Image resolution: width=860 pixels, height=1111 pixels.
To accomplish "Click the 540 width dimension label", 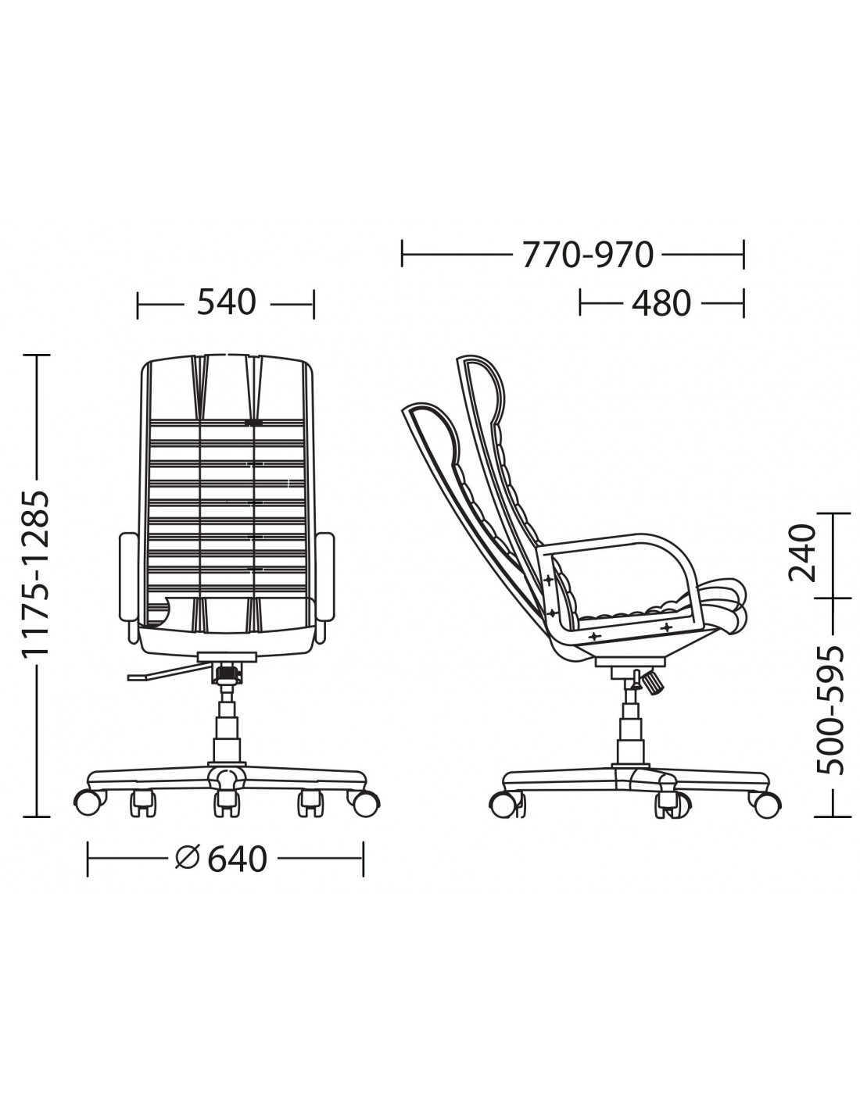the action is point(226,302).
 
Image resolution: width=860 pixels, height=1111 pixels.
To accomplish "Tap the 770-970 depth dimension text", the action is point(588,254).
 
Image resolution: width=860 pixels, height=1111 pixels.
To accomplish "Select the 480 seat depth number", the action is point(661,303).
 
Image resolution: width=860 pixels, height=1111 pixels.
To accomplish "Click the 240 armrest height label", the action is point(801,554).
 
